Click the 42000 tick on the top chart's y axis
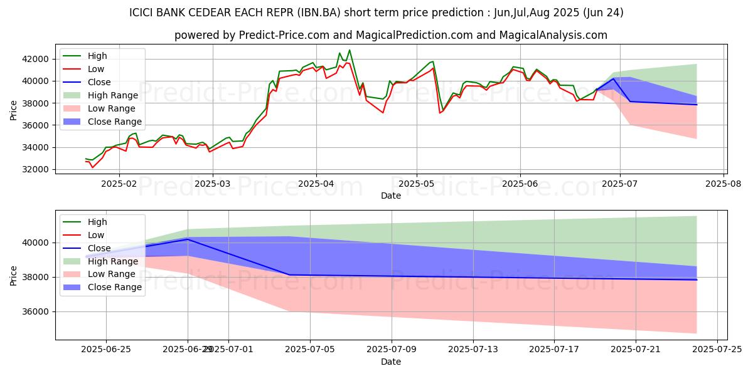(x=37, y=59)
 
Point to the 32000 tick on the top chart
(x=37, y=169)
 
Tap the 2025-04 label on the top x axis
(x=316, y=184)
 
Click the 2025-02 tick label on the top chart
(x=119, y=184)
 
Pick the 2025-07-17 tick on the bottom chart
(x=554, y=350)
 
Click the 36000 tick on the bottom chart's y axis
(x=37, y=311)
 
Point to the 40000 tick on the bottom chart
(x=37, y=243)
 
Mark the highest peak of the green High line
(x=350, y=50)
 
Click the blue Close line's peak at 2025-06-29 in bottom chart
(x=187, y=239)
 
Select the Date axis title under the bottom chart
(x=390, y=362)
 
